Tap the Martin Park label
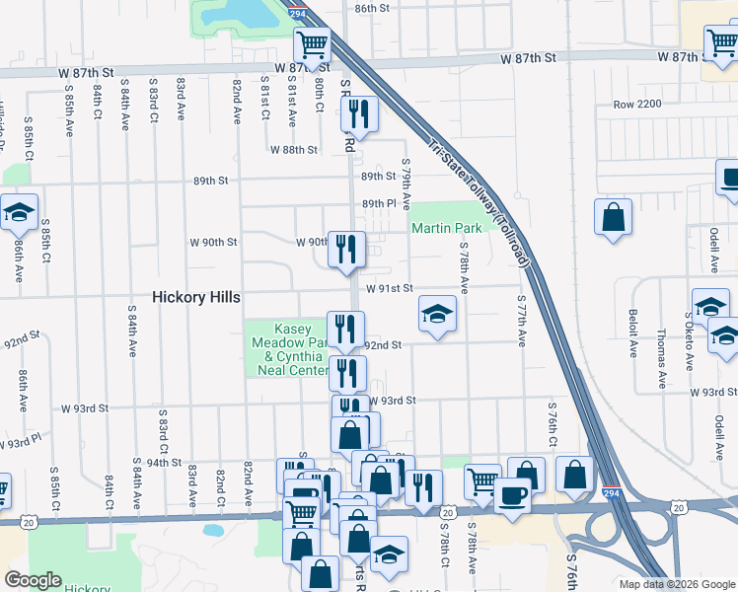coord(447,228)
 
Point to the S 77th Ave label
coord(520,318)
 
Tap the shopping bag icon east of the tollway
coord(613,216)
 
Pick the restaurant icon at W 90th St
coord(345,249)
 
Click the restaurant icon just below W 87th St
coord(359,114)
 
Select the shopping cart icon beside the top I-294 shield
coord(312,44)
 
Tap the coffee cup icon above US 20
coord(511,494)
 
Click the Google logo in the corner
coord(33,580)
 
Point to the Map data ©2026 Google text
coord(677,584)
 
